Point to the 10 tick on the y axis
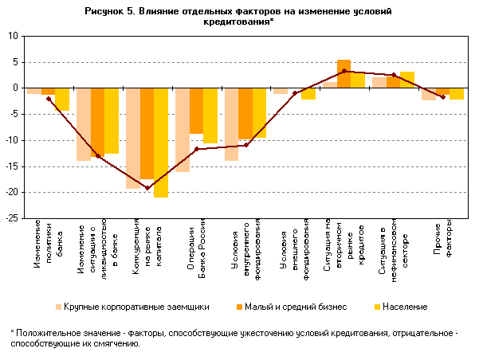point(14,36)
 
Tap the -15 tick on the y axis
point(12,166)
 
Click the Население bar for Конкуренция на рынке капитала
point(161,143)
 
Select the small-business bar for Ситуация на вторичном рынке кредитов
point(344,74)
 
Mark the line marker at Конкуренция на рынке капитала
point(147,188)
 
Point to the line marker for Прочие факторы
point(443,97)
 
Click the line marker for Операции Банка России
point(196,149)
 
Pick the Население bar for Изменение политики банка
point(62,100)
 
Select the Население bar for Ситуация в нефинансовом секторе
point(406,80)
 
